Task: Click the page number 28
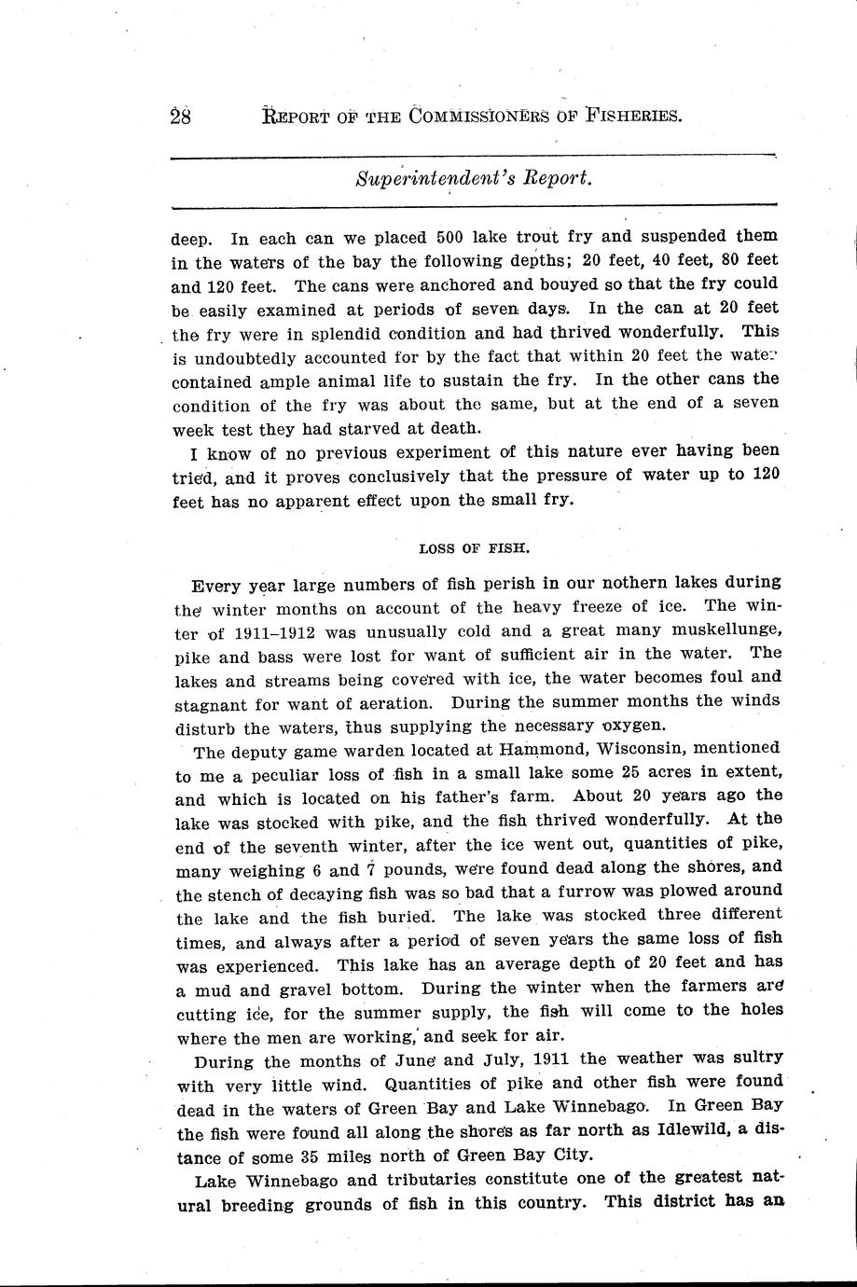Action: [181, 118]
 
